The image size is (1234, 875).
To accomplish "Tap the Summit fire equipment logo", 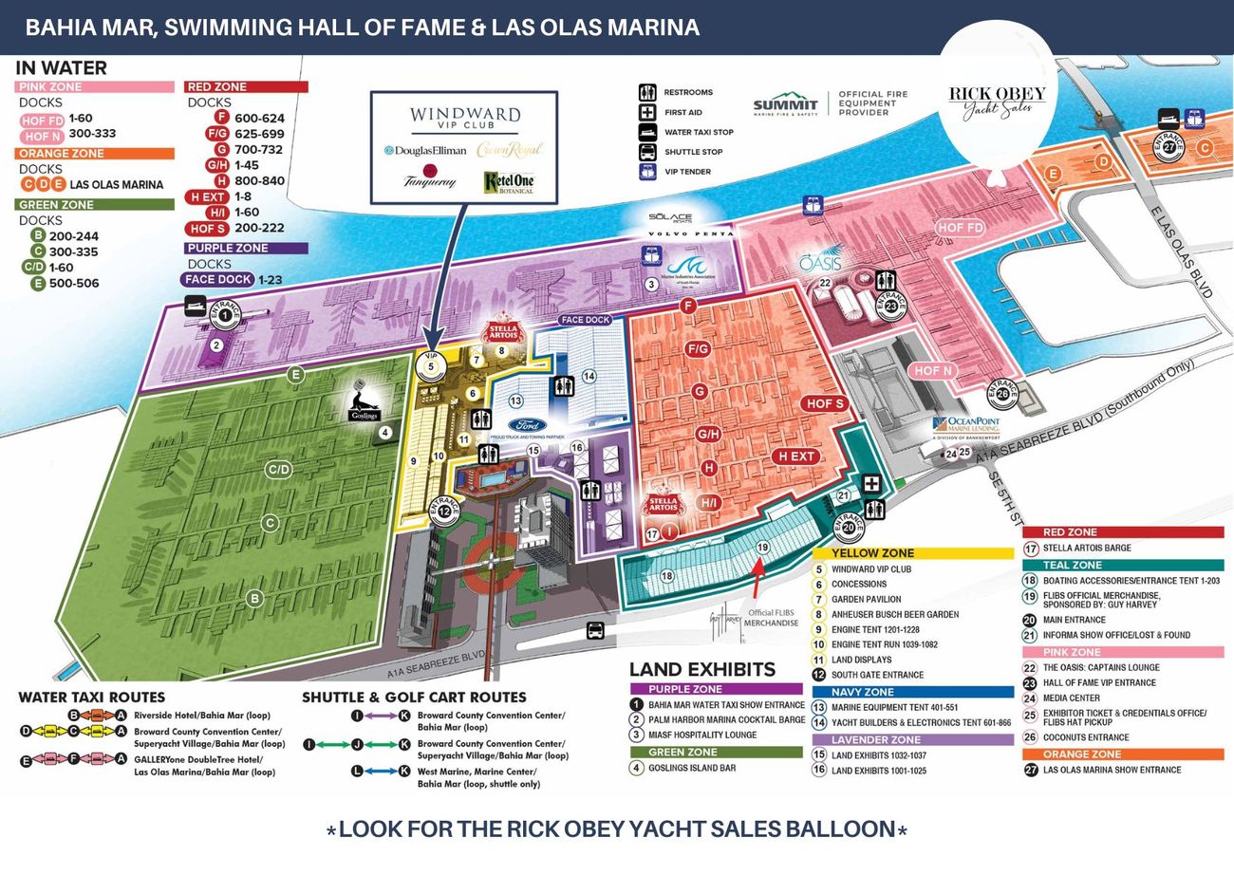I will pos(785,104).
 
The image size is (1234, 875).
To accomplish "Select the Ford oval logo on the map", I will pos(526,425).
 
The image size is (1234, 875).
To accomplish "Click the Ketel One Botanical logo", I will pos(509,181).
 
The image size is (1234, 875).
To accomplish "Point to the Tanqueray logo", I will pos(429,178).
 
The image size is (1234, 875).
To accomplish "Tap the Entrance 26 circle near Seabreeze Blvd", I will pos(1002,393).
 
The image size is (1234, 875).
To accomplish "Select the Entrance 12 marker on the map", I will pos(444,511).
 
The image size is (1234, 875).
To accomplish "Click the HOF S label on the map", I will pos(824,403).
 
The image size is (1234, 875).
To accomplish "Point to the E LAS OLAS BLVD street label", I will pos(1183,252).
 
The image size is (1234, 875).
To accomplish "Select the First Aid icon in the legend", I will pos(647,112).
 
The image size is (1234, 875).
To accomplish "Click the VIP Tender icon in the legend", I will pos(647,172).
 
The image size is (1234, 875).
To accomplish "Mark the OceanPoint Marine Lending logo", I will pos(965,427).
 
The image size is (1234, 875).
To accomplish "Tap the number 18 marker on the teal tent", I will pos(666,576).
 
